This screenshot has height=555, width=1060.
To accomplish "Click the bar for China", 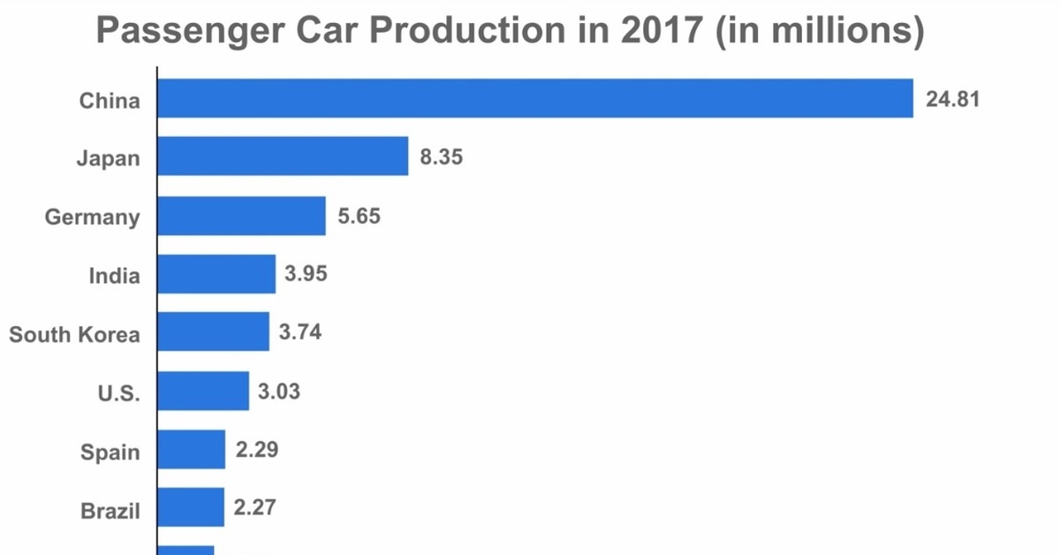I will (x=535, y=98).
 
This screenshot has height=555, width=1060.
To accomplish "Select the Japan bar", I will (x=283, y=156).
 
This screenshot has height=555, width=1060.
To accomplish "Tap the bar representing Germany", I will (x=241, y=216).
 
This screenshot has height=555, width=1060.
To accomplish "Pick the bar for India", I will (x=216, y=274).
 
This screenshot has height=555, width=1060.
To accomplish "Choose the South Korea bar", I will (x=213, y=332).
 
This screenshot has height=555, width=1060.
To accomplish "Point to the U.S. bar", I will (x=203, y=391).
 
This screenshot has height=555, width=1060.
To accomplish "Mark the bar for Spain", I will (x=192, y=450).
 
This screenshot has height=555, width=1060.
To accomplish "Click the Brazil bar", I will (x=191, y=507).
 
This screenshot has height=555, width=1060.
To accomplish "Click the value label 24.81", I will (x=952, y=99).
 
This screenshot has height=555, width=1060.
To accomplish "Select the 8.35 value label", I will (x=442, y=157).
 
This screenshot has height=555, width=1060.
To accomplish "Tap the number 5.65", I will (x=359, y=216).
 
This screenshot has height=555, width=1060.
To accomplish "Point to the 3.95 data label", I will (x=306, y=274).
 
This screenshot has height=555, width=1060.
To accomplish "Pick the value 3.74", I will (x=299, y=332).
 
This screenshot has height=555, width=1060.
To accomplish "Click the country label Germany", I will (x=92, y=217).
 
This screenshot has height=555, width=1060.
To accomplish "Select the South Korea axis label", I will (x=74, y=335).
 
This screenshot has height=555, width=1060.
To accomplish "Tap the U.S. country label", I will (x=118, y=393).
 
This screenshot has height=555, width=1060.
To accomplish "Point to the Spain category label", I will (x=110, y=452).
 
